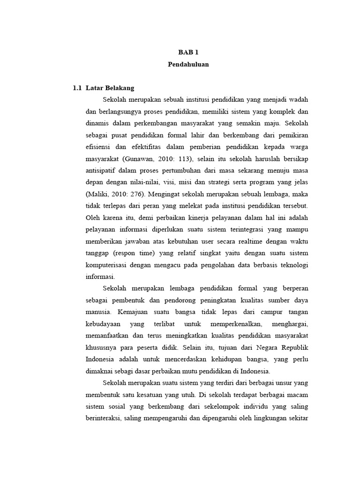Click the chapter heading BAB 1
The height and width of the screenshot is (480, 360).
pos(188,53)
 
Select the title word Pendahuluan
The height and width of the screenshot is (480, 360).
pos(188,65)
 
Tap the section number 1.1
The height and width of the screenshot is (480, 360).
pos(77,88)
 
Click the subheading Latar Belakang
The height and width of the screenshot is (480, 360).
pos(110,88)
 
